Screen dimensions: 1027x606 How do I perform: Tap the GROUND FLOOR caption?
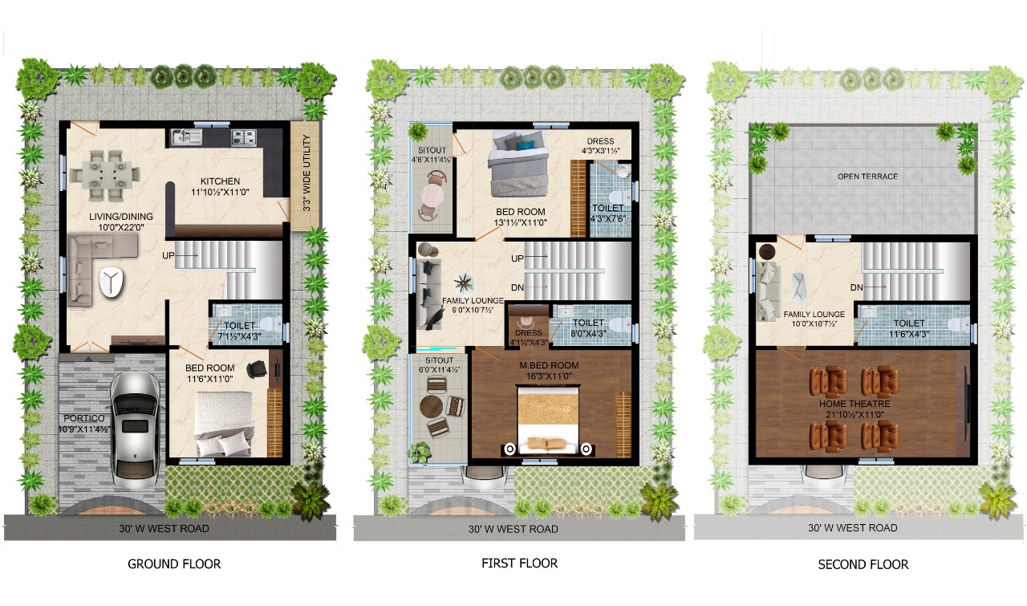[x=174, y=563]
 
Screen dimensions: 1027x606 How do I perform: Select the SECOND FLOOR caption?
[x=863, y=564]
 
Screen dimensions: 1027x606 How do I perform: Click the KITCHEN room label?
[x=220, y=181]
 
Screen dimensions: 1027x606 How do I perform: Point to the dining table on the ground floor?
[x=104, y=176]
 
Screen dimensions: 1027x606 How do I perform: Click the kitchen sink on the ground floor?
[x=186, y=136]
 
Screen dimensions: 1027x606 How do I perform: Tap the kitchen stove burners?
[x=244, y=137]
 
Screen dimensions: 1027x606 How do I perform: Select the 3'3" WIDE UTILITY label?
[x=306, y=173]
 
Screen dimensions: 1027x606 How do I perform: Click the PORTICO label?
[x=84, y=418]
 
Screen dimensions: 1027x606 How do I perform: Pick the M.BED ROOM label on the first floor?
[x=549, y=366]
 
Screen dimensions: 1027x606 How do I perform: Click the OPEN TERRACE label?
[x=867, y=177]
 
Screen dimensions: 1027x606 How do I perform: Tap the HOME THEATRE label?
[x=854, y=405]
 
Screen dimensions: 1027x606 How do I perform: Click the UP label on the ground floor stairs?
[x=168, y=255]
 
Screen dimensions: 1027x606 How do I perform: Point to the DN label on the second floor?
[x=856, y=287]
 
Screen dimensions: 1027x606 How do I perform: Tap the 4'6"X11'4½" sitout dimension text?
[x=431, y=160]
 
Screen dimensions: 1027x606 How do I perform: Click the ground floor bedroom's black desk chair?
[x=257, y=369]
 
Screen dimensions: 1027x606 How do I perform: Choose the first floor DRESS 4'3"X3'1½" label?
[x=601, y=146]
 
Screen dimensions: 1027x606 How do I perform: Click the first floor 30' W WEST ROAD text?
[x=513, y=530]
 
